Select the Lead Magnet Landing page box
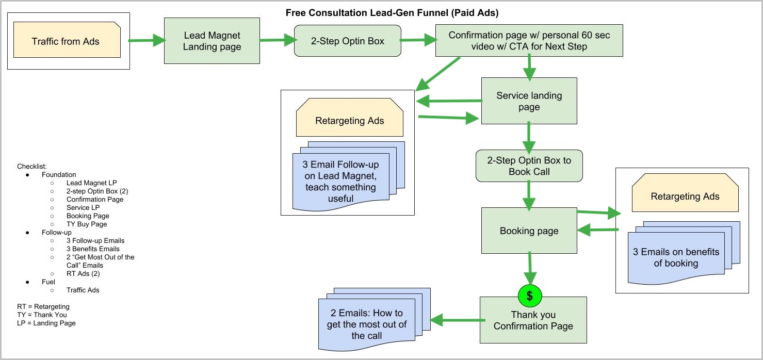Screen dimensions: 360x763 tap(212, 41)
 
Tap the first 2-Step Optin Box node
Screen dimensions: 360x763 tap(347, 41)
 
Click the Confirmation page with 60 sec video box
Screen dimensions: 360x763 tap(529, 41)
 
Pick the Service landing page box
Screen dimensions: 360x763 tap(529, 101)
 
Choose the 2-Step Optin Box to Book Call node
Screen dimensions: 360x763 tap(529, 166)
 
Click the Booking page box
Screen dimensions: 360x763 tap(529, 231)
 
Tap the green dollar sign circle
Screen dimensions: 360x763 tap(529, 296)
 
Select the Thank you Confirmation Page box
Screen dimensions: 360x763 tap(533, 321)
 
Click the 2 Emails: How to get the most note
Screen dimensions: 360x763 tap(367, 324)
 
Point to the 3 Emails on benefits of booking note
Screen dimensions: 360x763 tap(676, 257)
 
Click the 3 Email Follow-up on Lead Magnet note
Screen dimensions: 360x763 tap(341, 181)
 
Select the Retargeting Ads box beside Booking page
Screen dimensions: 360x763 tap(685, 197)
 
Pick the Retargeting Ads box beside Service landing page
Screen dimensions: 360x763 tap(349, 121)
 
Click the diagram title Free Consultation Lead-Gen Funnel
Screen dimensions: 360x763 tap(392, 12)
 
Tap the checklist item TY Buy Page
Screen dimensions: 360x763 tap(87, 224)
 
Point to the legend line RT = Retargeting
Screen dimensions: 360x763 tap(43, 307)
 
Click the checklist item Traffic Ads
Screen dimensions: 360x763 tap(83, 290)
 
